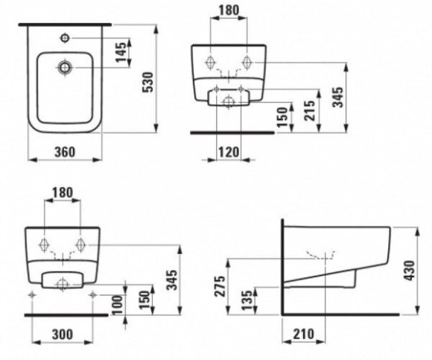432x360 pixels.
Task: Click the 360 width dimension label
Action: point(65,152)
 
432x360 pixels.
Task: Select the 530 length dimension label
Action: point(149,82)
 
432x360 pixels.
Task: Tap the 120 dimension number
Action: point(229,152)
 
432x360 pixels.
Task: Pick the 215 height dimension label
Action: point(309,110)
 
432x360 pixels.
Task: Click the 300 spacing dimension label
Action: point(63,335)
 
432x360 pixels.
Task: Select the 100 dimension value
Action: point(118,305)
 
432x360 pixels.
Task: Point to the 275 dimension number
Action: point(220,286)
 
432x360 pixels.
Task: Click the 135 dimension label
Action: point(247,300)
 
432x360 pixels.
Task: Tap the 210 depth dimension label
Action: point(304,334)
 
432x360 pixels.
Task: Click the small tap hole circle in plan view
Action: point(65,38)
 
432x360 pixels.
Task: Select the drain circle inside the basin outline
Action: point(65,67)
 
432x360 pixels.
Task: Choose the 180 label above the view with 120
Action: point(229,10)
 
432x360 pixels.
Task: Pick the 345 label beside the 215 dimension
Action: point(338,98)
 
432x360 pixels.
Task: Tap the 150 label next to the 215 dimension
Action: point(283,117)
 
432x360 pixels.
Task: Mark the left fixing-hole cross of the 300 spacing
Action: point(33,295)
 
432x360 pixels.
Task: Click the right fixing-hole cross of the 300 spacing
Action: point(93,295)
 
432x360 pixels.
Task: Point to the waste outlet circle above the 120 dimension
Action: point(229,102)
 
